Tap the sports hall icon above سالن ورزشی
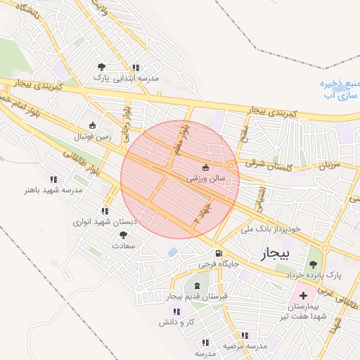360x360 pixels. pos(205,168)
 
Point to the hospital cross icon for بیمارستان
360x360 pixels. pos(304,295)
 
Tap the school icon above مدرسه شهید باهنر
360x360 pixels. pos(54,179)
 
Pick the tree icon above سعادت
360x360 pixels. pos(124,236)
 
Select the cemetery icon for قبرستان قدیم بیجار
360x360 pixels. pos(196,285)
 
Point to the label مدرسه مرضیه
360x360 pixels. pos(245,346)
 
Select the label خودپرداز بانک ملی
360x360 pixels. pos(271,229)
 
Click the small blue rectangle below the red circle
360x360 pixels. pos(172,252)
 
